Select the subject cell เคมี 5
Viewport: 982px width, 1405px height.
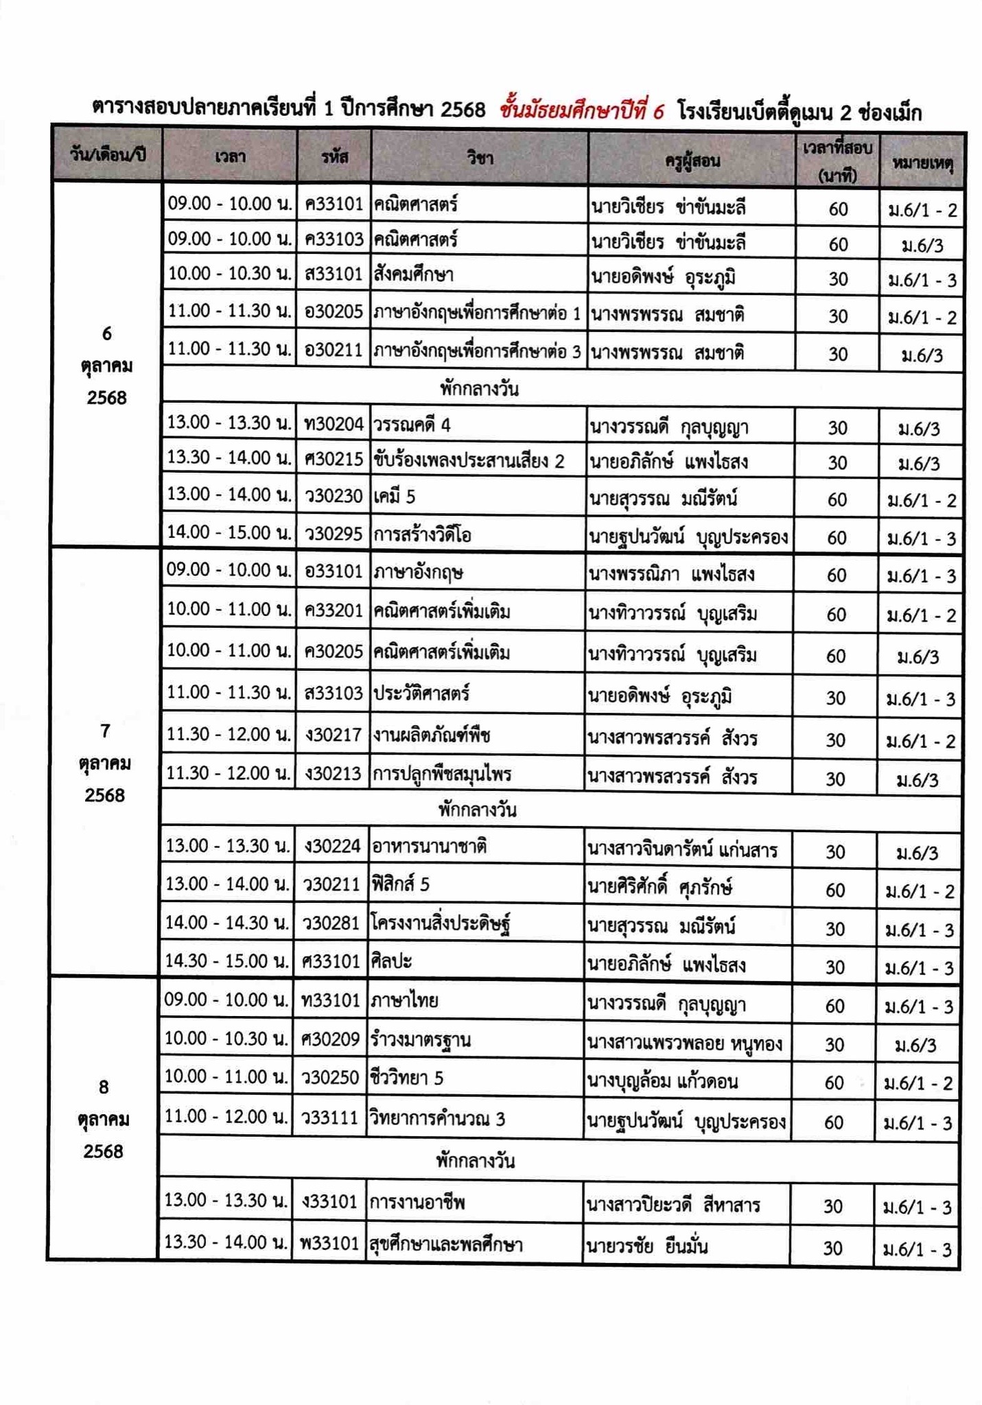point(395,496)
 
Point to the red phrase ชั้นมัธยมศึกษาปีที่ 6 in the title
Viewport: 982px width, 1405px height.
point(582,110)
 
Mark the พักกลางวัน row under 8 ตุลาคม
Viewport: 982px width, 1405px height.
point(476,1161)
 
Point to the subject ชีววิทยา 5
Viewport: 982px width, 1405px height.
point(406,1078)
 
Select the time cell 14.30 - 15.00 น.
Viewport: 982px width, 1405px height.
point(226,961)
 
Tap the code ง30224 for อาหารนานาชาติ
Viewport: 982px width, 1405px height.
point(332,847)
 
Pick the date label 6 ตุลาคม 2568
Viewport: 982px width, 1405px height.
point(106,366)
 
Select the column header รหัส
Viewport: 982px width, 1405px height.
point(334,157)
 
